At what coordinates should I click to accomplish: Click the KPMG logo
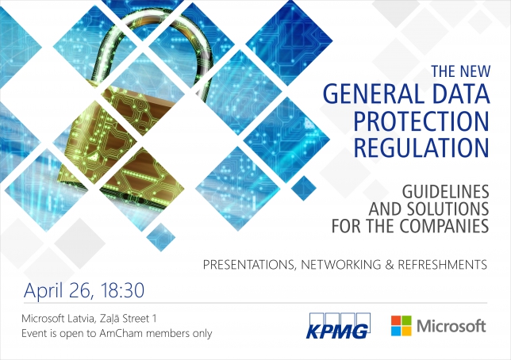(x=338, y=326)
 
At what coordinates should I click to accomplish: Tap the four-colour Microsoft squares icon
(x=401, y=325)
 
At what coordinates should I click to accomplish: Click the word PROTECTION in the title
(x=421, y=121)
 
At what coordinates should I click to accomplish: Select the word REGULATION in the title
(x=421, y=148)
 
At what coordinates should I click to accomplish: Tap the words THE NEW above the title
(x=461, y=71)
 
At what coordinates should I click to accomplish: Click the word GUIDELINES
(x=445, y=192)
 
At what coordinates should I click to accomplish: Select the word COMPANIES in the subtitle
(x=444, y=226)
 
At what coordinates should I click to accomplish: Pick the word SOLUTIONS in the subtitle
(x=448, y=209)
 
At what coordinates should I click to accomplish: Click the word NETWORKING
(x=340, y=265)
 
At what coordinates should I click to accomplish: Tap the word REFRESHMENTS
(x=442, y=265)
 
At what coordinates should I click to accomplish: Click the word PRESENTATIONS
(x=248, y=265)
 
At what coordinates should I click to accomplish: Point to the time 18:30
(x=122, y=290)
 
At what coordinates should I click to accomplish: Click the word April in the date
(x=43, y=291)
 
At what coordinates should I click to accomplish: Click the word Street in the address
(x=133, y=318)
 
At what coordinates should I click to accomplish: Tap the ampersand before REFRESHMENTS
(x=389, y=265)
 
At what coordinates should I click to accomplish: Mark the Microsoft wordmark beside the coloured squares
(x=451, y=326)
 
